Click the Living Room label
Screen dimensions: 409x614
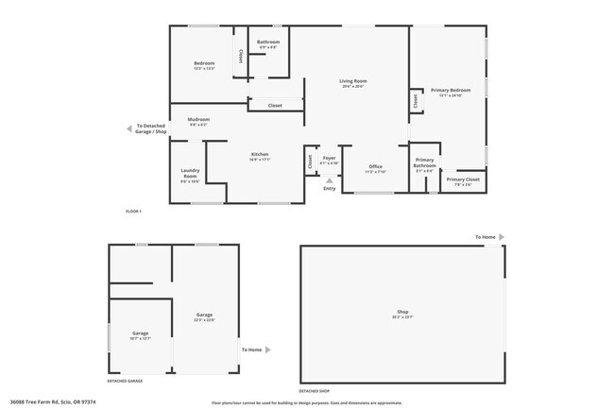pos(353,82)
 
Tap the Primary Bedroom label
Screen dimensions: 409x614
pos(451,91)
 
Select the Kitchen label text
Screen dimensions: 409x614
pos(260,155)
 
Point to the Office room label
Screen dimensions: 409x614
pos(376,167)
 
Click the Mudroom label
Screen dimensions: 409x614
pos(199,120)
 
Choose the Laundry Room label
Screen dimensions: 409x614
pos(190,174)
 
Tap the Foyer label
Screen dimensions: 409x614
pos(329,158)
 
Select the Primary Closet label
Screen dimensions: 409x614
pos(463,179)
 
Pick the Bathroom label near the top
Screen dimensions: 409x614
pos(268,43)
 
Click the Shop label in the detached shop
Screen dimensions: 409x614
pos(401,313)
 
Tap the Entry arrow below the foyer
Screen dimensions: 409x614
pos(329,180)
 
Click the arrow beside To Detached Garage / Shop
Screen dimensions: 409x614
pos(130,128)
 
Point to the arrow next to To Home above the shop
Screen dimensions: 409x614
pos(502,237)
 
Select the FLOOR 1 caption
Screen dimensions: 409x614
pos(133,211)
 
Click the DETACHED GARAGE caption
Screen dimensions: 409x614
pos(125,381)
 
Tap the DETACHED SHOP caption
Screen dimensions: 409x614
pos(316,390)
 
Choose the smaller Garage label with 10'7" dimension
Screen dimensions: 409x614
pos(141,334)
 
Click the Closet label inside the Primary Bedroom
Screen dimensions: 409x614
pos(415,99)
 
